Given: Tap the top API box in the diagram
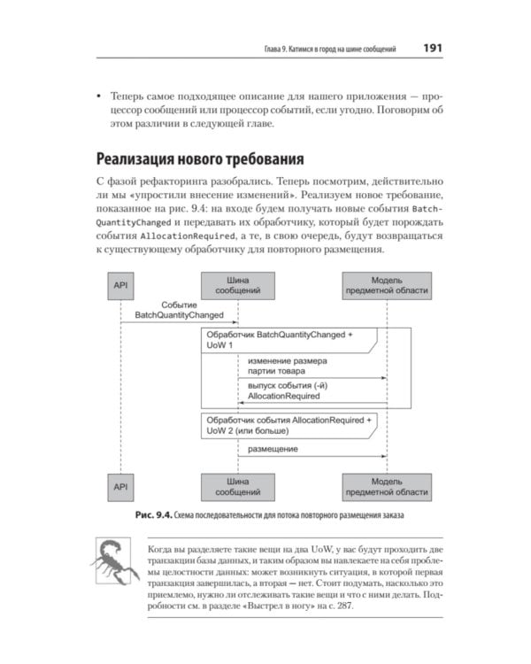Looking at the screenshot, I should (119, 284).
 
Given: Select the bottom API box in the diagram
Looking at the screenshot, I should (119, 485).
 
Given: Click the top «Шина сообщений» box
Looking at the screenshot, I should (238, 284).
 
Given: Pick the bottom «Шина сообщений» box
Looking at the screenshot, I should (238, 485).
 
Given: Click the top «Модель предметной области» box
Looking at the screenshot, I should (387, 284).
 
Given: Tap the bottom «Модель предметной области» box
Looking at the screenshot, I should (387, 485).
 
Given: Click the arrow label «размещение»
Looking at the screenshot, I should (273, 450).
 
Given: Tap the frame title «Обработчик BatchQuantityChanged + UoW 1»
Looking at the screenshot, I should (278, 341).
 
